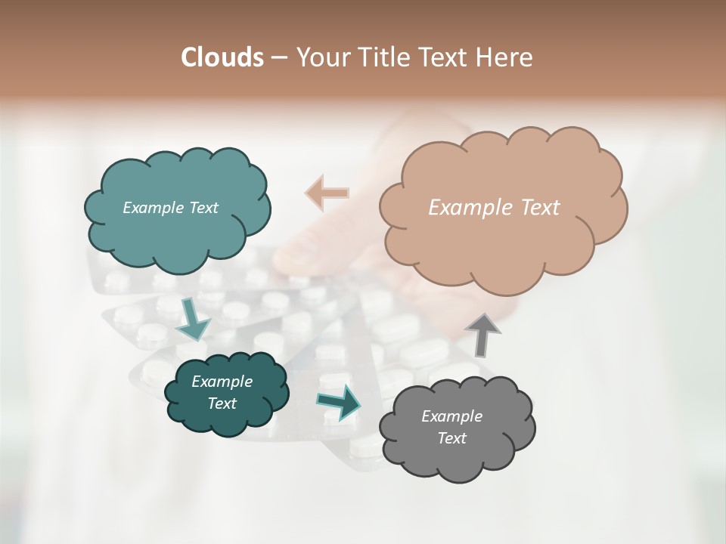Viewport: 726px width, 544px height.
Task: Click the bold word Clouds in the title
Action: [x=222, y=57]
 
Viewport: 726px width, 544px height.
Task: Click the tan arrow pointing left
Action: [x=327, y=193]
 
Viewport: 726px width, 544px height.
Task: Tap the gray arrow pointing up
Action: [x=482, y=334]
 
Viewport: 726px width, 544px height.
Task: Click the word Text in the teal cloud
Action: [x=202, y=208]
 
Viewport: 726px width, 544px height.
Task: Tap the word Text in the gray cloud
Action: [x=451, y=438]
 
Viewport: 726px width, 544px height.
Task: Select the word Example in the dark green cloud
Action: [x=222, y=382]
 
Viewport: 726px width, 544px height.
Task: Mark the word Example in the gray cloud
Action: [x=451, y=416]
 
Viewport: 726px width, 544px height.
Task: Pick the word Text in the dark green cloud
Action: [x=222, y=403]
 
